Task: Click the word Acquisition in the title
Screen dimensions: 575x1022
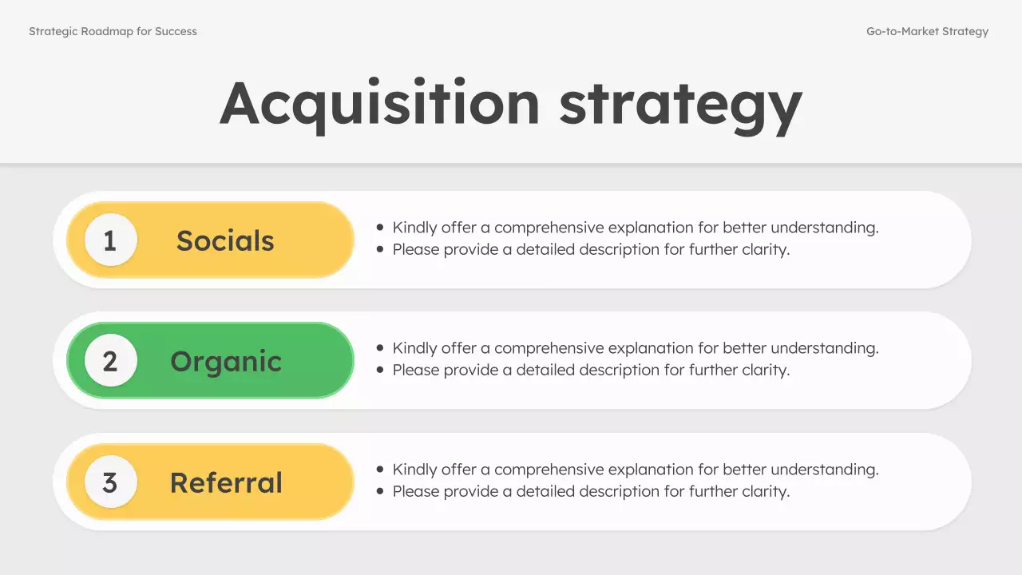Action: [x=380, y=104]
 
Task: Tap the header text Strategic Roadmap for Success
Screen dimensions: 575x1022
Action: [x=113, y=32]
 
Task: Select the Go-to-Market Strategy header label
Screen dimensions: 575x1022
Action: [x=927, y=32]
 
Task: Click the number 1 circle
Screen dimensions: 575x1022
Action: [x=110, y=240]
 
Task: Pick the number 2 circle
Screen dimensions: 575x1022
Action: [x=110, y=361]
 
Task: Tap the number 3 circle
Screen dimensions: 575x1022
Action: [x=110, y=482]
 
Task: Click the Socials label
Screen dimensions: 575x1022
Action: [x=225, y=240]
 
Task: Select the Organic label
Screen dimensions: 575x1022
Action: [x=226, y=362]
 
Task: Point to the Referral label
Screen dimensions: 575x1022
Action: [x=226, y=482]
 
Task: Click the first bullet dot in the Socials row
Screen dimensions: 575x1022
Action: [x=380, y=228]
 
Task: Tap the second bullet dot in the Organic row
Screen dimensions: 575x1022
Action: [x=380, y=370]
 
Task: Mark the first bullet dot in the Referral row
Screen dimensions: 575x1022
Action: [x=380, y=470]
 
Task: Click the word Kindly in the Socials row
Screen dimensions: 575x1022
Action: [x=415, y=228]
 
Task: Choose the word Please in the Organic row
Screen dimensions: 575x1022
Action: [x=416, y=370]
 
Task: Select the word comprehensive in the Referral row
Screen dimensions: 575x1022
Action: [x=553, y=470]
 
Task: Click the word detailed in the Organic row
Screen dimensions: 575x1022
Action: [x=545, y=370]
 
